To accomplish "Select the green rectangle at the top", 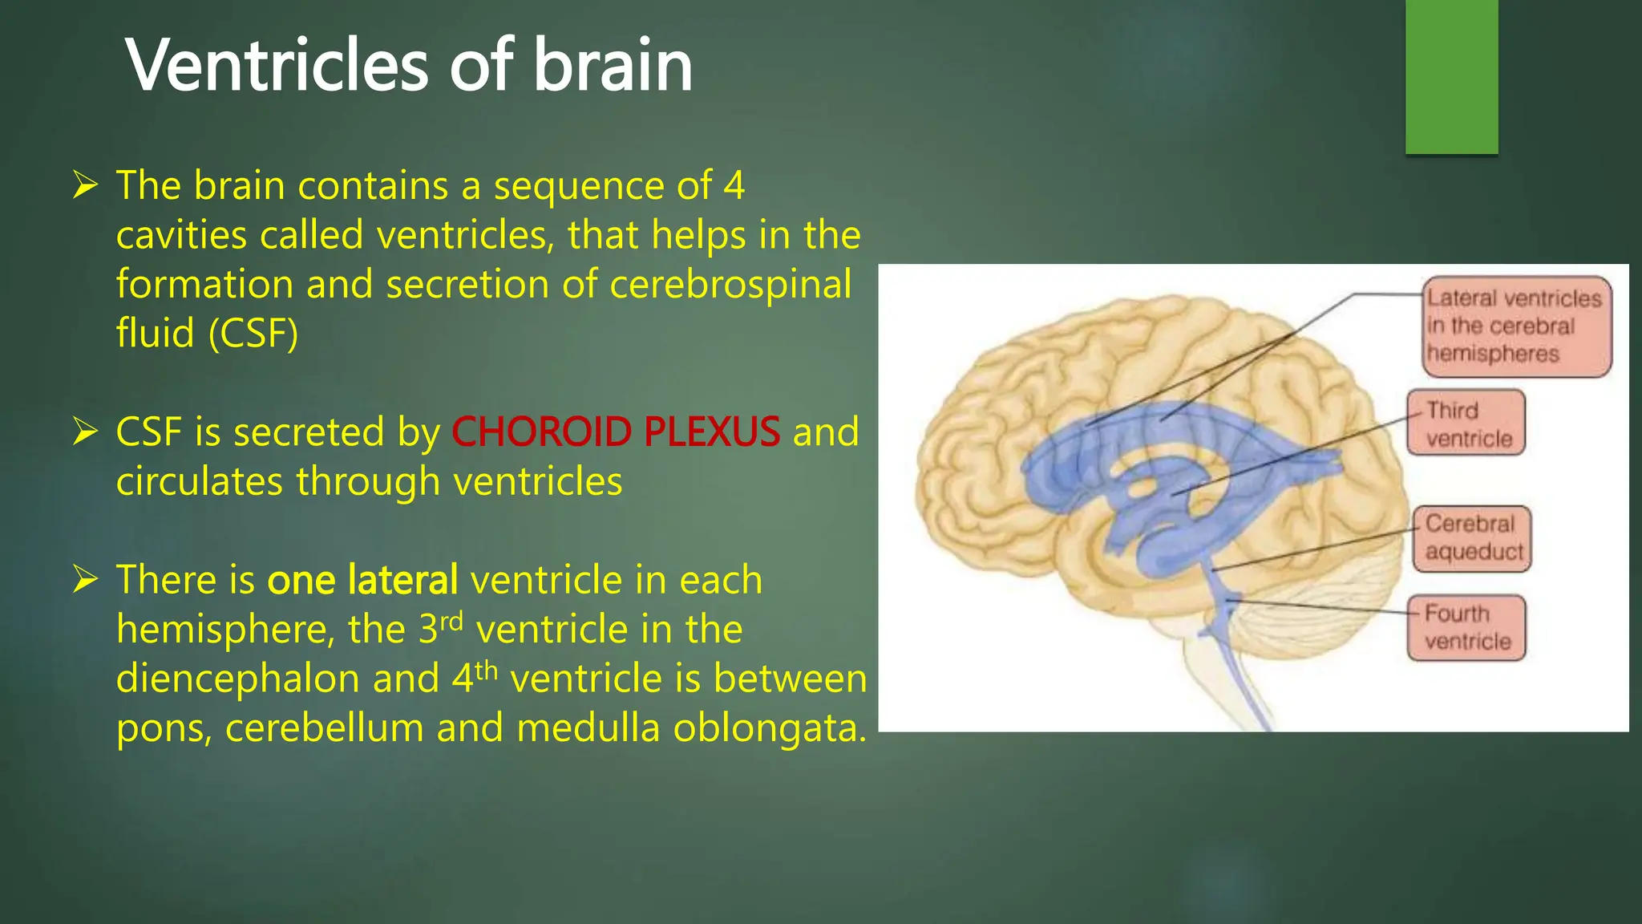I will tap(1451, 76).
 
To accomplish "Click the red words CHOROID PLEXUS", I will tap(616, 432).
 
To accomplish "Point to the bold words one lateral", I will tap(362, 580).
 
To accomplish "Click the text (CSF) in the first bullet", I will tap(253, 334).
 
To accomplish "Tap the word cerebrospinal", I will tap(730, 285).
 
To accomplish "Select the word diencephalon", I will tap(237, 679).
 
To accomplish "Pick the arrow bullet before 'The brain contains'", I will tap(85, 185).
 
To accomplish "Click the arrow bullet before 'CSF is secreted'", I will tap(85, 432).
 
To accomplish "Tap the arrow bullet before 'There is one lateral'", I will tap(85, 579).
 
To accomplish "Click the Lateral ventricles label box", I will tap(1516, 326).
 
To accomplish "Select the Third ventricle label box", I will tap(1466, 423).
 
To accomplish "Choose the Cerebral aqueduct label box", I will tap(1472, 538).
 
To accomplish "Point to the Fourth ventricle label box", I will tap(1466, 628).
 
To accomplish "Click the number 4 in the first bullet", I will tap(734, 186).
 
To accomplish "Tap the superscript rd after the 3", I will tap(452, 621).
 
